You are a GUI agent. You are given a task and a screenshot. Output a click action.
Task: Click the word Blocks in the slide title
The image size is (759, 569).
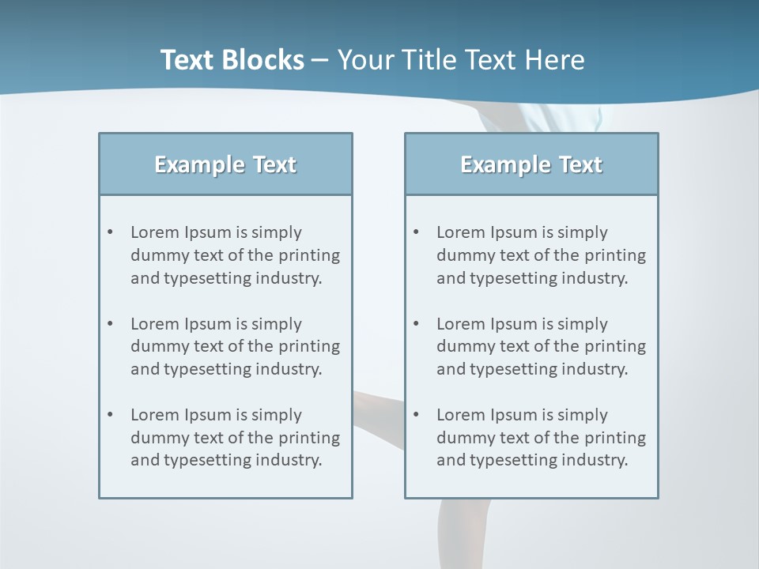[265, 60]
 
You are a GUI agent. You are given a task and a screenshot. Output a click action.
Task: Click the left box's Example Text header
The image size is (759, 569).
[225, 164]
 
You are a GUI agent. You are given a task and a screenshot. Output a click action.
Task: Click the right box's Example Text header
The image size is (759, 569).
[531, 164]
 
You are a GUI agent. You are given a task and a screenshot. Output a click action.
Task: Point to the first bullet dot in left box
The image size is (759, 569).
[111, 232]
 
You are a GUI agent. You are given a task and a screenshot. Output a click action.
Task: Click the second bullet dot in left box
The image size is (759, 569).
[111, 324]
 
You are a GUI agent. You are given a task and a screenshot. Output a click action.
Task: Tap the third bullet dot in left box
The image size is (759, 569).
[111, 415]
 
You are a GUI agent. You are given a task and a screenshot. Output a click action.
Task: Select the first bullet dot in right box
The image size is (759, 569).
[417, 232]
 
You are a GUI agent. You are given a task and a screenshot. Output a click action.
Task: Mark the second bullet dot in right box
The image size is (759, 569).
[417, 324]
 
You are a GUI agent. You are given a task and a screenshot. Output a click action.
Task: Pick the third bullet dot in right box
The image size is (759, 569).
[417, 415]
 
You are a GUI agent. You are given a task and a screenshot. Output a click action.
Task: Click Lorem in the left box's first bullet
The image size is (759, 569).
[154, 232]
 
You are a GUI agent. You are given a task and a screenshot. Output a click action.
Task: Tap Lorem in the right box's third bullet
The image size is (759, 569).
[460, 415]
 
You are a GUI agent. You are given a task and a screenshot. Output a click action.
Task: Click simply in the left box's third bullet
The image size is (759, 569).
[278, 415]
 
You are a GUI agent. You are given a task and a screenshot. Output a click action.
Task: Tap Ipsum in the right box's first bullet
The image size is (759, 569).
[514, 232]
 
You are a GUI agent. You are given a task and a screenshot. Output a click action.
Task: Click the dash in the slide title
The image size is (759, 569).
[320, 60]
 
